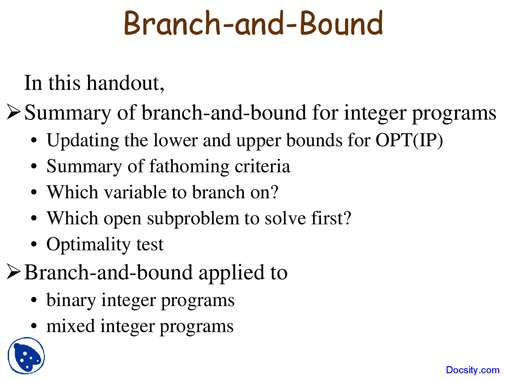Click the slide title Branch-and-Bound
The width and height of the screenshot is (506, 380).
253,23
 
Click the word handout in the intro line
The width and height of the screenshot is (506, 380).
123,83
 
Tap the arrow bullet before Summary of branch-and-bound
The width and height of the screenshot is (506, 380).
14,112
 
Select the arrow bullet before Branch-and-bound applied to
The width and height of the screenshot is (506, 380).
14,271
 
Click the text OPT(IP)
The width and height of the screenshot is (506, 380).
409,141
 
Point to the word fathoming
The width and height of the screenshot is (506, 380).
189,167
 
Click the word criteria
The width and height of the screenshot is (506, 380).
262,166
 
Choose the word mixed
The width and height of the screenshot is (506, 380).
71,326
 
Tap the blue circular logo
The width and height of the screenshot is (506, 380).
26,355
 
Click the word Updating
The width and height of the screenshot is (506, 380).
83,141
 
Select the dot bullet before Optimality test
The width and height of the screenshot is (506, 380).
34,245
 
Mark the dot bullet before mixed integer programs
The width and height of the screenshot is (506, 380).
34,327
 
